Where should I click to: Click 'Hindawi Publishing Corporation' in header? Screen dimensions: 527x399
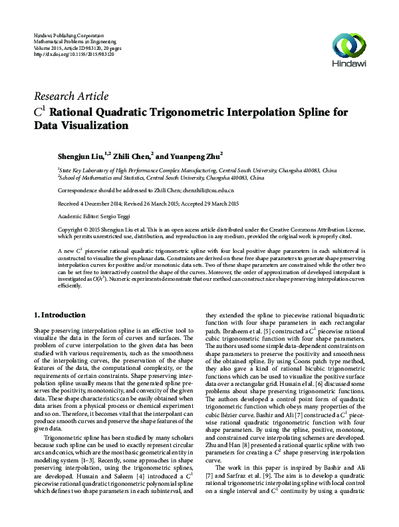click(x=68, y=34)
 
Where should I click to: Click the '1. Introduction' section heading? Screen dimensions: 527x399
click(x=59, y=314)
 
